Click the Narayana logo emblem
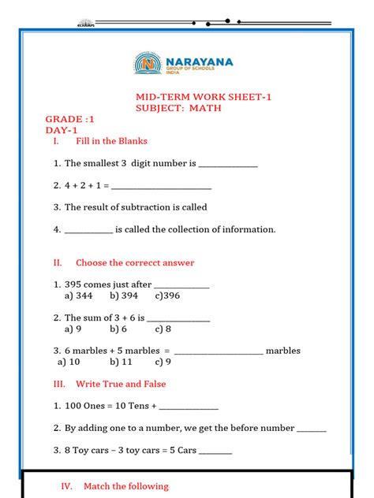pyautogui.click(x=147, y=65)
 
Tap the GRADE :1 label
pyautogui.click(x=69, y=118)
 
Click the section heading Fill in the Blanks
pyautogui.click(x=111, y=141)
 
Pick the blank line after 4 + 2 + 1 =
pyautogui.click(x=163, y=187)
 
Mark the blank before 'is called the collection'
pyautogui.click(x=88, y=230)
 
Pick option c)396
pyautogui.click(x=167, y=295)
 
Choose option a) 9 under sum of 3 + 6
pyautogui.click(x=73, y=329)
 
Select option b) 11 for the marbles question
pyautogui.click(x=121, y=362)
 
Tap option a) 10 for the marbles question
pyautogui.click(x=69, y=362)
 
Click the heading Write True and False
pyautogui.click(x=121, y=384)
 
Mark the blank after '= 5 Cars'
pyautogui.click(x=216, y=452)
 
